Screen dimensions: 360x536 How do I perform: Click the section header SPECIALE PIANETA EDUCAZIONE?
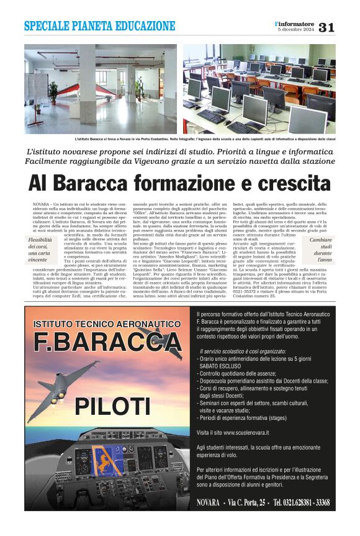(100, 26)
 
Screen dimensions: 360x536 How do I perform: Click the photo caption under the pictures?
(180, 139)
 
